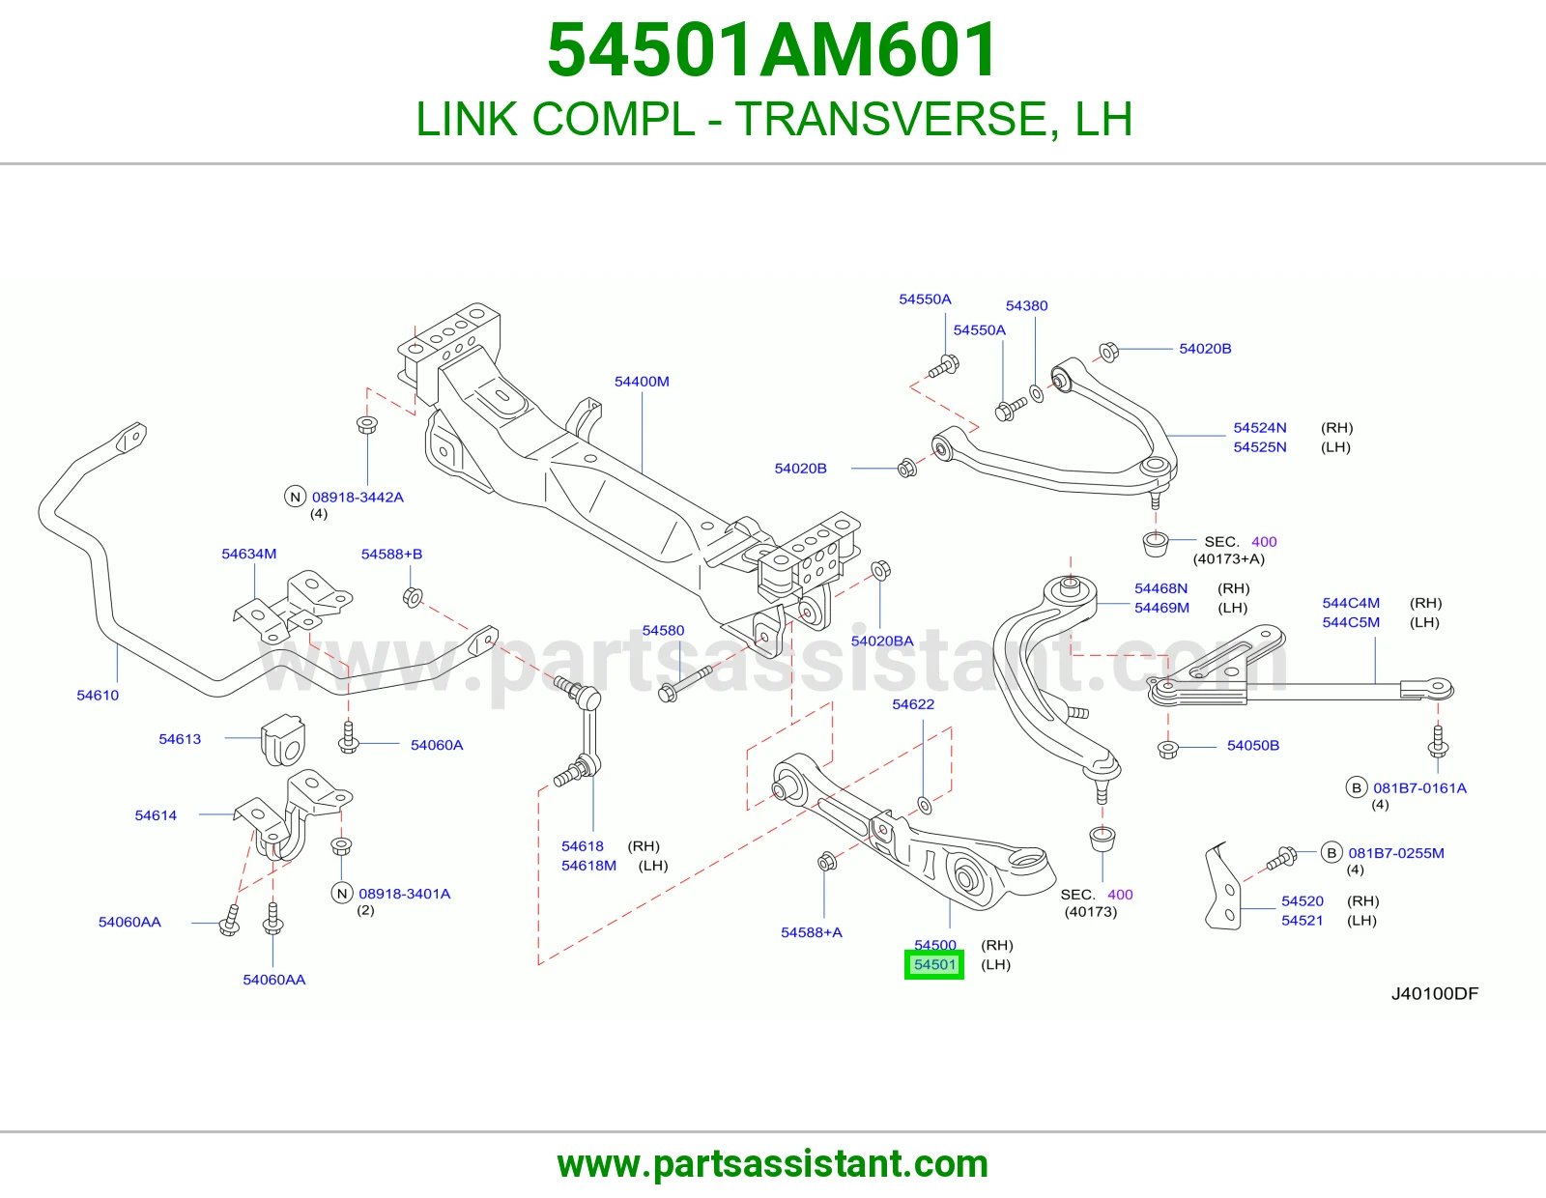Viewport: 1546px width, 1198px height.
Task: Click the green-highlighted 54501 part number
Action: [x=934, y=964]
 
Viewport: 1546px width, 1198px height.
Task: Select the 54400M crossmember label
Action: [x=642, y=382]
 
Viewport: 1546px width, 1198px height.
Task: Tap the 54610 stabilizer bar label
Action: [x=98, y=695]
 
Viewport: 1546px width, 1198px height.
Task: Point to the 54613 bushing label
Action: [x=180, y=739]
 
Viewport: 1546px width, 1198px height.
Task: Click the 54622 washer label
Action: [x=913, y=704]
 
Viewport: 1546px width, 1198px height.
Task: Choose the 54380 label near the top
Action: [x=1026, y=306]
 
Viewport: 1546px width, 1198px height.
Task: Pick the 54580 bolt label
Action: [x=663, y=630]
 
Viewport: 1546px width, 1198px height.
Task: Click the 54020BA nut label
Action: [x=882, y=641]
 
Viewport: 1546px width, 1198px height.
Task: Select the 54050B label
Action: [x=1253, y=746]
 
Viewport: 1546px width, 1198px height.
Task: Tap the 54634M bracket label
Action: [x=249, y=554]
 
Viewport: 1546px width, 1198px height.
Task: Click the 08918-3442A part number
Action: [x=358, y=498]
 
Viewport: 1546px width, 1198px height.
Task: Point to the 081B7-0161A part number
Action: [x=1420, y=788]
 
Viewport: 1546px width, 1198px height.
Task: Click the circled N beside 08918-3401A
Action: [x=342, y=894]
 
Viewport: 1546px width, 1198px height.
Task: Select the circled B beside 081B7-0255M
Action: [x=1331, y=853]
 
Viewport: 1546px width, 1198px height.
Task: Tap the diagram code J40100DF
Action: [x=1435, y=994]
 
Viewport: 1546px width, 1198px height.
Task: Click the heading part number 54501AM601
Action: [x=773, y=50]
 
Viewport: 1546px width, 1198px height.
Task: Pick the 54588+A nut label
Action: [x=812, y=932]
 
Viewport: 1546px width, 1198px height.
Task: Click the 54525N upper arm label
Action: [x=1260, y=446]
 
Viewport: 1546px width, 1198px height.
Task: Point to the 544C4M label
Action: [x=1351, y=603]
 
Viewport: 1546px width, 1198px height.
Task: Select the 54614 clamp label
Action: [x=156, y=815]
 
